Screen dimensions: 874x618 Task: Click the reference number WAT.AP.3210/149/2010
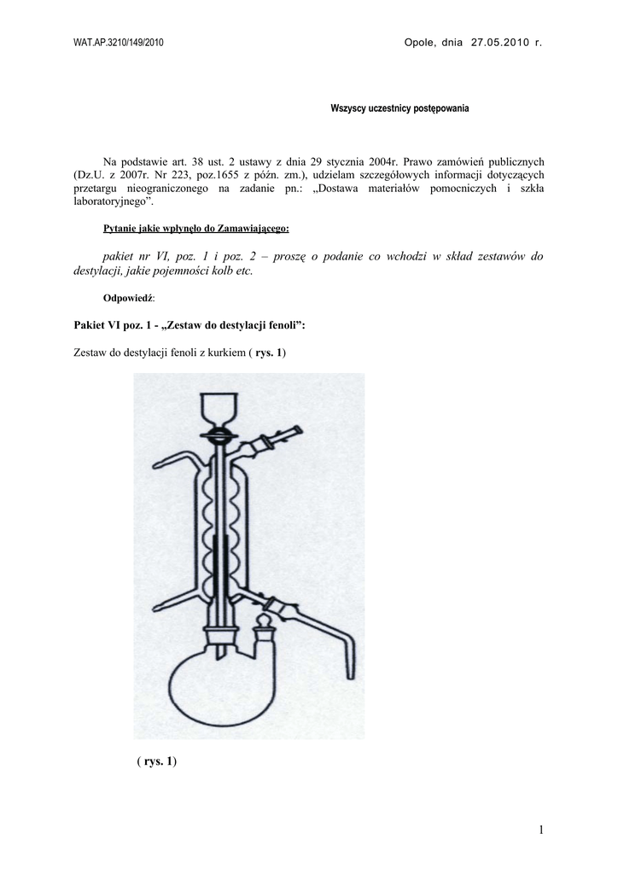tap(119, 43)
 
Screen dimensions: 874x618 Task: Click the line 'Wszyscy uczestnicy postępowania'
tap(399, 108)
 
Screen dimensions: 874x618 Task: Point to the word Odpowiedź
tap(128, 298)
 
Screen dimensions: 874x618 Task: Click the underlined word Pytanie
tap(121, 229)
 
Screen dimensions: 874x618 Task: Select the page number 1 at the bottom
tap(541, 830)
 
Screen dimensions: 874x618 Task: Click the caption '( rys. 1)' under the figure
tap(155, 760)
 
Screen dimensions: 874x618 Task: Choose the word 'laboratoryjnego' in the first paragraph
tap(110, 201)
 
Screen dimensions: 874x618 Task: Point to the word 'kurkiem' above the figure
tap(220, 353)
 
